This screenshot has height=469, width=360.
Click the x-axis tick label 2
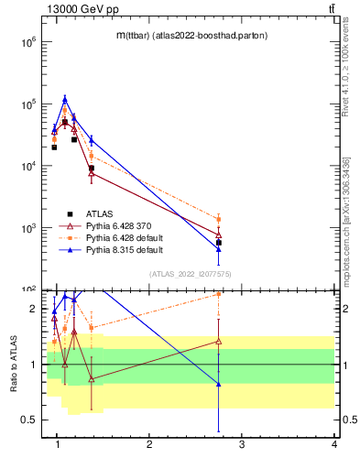[149, 444]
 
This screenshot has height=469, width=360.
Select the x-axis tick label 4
[334, 444]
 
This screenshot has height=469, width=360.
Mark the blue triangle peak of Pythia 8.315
[64, 99]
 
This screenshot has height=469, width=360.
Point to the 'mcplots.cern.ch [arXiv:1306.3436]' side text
[345, 220]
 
